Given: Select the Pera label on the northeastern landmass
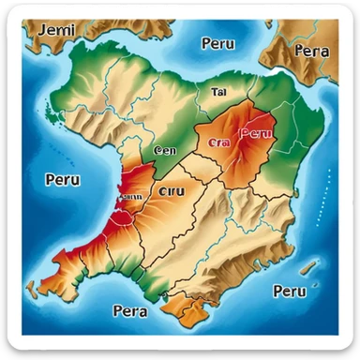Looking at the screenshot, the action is [x=310, y=51].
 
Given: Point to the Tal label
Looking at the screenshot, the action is [x=219, y=92].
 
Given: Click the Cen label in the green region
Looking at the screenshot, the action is [x=165, y=149].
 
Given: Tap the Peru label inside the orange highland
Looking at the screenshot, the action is [x=256, y=133].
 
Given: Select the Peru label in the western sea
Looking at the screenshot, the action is [x=62, y=178].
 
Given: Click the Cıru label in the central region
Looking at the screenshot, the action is [x=172, y=191].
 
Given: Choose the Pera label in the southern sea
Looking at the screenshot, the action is [x=128, y=310].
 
